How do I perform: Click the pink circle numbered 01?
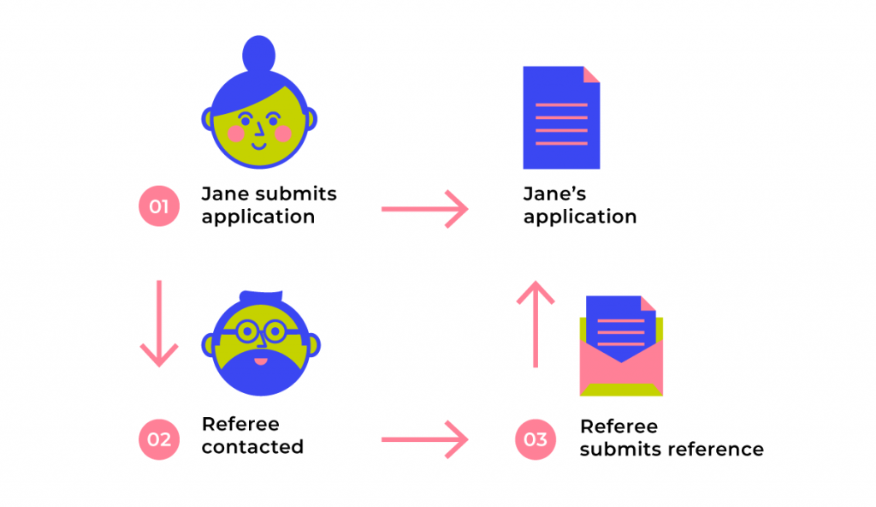tap(159, 206)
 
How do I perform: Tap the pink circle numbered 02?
tap(159, 439)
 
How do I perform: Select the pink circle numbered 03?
tap(536, 439)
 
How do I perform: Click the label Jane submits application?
tap(269, 205)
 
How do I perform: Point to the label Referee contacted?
tap(252, 435)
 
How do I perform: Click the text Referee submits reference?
tap(672, 438)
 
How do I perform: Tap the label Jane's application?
tap(579, 205)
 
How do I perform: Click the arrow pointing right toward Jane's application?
tap(424, 208)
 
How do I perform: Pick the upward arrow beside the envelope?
tap(536, 324)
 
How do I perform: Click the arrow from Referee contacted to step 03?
tap(424, 440)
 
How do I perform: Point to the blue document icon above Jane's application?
tap(560, 120)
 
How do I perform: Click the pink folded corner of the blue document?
tap(591, 75)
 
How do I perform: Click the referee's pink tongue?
tap(262, 361)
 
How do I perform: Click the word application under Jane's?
tap(579, 217)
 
